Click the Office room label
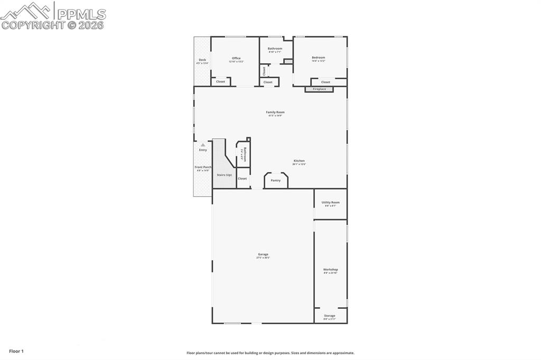click(236, 58)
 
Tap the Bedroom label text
click(318, 58)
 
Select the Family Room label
click(275, 112)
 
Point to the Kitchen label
click(299, 161)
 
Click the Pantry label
click(276, 181)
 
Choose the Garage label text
click(263, 254)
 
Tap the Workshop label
click(331, 270)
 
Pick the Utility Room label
click(331, 202)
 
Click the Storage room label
click(330, 316)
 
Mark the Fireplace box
click(320, 89)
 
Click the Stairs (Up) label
click(225, 175)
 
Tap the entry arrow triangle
click(203, 145)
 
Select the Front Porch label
click(203, 167)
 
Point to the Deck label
click(202, 60)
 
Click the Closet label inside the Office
click(220, 82)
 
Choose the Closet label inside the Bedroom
click(325, 82)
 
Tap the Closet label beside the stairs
click(242, 178)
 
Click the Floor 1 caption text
click(16, 351)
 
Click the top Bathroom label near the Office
click(275, 49)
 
